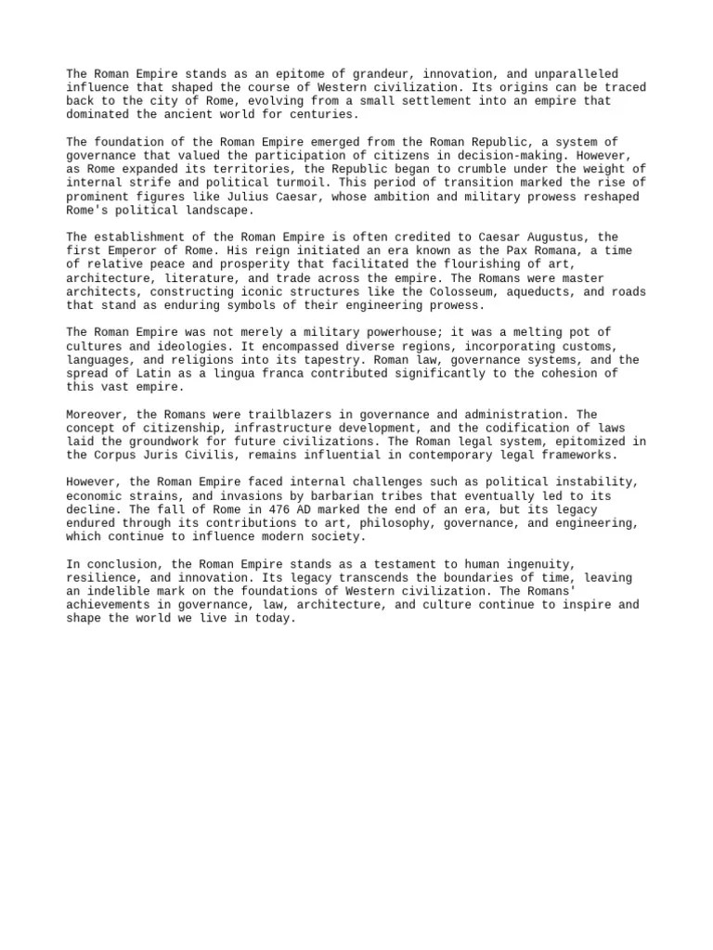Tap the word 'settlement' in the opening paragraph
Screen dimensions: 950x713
pos(422,101)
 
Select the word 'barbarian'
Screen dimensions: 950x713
pos(331,495)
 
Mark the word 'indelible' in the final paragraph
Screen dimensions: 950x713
pos(116,591)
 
